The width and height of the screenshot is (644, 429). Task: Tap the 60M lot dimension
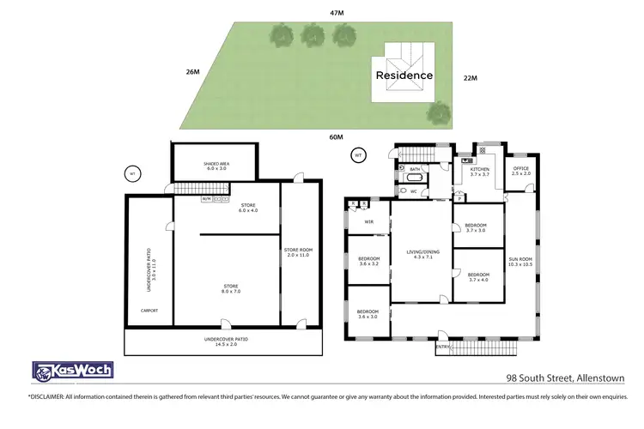click(337, 137)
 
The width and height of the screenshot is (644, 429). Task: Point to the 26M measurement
click(192, 72)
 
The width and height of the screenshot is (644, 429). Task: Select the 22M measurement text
click(470, 78)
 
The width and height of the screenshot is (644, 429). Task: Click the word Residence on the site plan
click(404, 75)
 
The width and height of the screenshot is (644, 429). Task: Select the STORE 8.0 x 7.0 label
click(227, 288)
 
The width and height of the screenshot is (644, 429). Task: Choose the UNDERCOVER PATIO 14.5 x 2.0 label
click(222, 342)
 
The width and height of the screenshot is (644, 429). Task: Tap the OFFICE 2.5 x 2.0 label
click(521, 171)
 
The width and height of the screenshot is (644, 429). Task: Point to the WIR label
click(368, 221)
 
